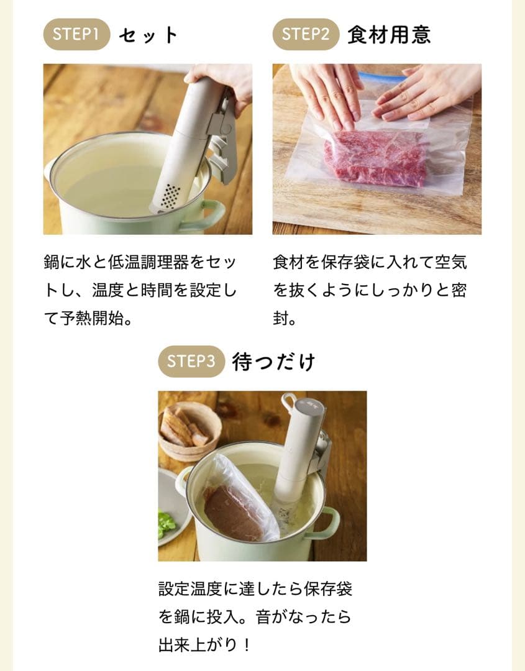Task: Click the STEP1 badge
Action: point(76,34)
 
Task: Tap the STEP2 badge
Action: point(306,34)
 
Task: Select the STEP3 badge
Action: point(191,362)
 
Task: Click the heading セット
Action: point(148,35)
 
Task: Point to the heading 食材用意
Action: point(389,35)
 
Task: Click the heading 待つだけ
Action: point(273,362)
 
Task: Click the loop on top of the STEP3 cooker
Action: point(289,401)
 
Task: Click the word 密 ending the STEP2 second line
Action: point(458,290)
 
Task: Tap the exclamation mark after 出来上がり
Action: point(246,645)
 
